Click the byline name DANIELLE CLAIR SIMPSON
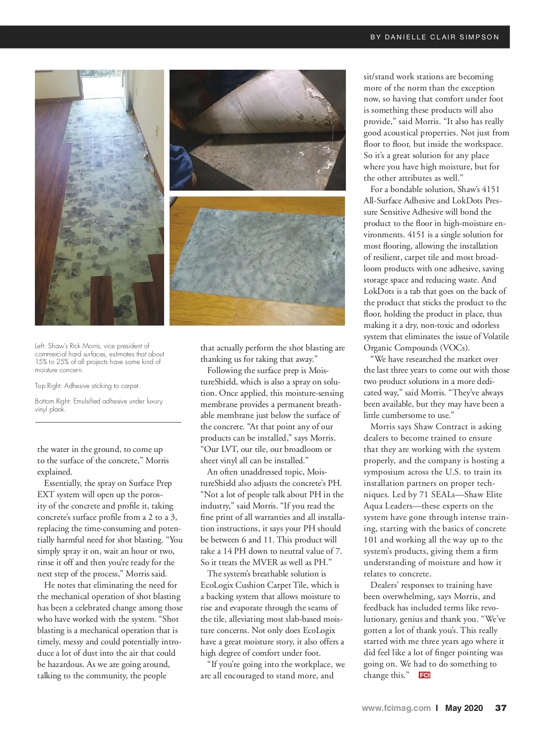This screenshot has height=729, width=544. point(442,37)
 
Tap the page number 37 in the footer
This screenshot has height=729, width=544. point(500,708)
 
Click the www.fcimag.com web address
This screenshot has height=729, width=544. point(396,708)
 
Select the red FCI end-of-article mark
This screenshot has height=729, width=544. point(424,676)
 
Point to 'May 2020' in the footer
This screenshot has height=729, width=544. point(464,708)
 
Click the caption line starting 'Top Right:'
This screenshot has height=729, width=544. point(87,386)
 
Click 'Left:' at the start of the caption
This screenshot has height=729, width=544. point(41,346)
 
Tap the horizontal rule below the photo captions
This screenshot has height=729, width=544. point(108,422)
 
